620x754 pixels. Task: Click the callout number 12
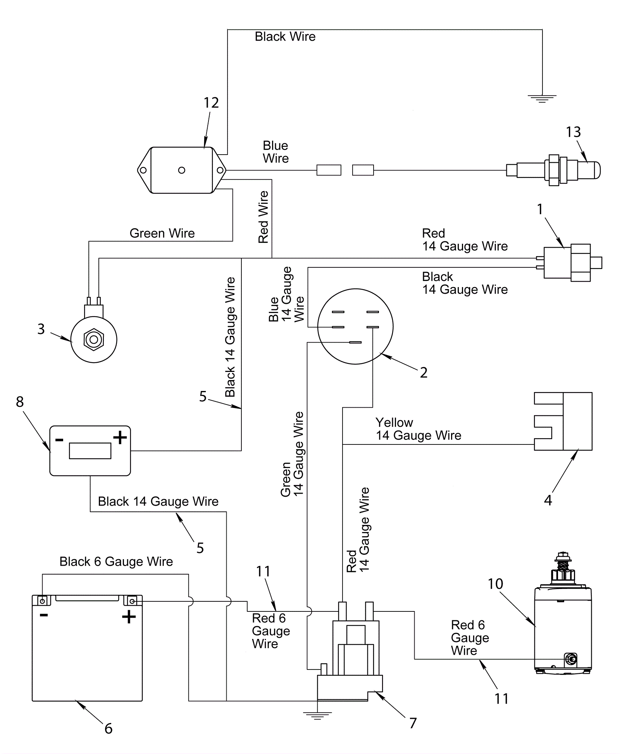[x=211, y=103]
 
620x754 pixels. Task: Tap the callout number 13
[x=573, y=132]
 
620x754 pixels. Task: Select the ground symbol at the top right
[x=542, y=99]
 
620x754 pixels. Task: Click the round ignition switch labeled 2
[x=355, y=326]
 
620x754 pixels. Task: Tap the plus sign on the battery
[x=129, y=616]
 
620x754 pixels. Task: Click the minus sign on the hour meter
[x=59, y=439]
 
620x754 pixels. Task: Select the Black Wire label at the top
[x=285, y=37]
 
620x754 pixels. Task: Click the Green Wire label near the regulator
[x=162, y=233]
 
